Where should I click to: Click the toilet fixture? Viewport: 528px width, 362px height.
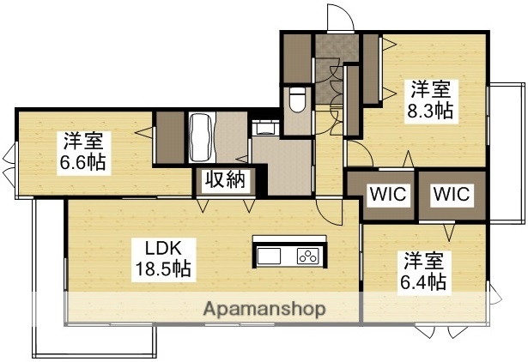tap(298, 100)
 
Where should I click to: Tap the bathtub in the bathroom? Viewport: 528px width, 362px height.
tap(204, 138)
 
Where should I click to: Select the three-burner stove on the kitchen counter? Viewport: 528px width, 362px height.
tap(308, 255)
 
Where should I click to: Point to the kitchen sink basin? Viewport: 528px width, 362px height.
tap(269, 256)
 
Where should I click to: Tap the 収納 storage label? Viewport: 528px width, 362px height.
tap(225, 181)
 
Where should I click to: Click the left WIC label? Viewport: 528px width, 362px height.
tap(388, 194)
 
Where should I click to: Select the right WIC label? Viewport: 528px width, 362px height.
tap(452, 194)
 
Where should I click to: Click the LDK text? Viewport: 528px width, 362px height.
tap(161, 249)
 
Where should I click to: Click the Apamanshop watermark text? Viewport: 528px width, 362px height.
tap(264, 309)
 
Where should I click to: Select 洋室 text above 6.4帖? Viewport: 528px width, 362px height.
tap(424, 259)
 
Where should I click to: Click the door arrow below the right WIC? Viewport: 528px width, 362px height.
tap(448, 231)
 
